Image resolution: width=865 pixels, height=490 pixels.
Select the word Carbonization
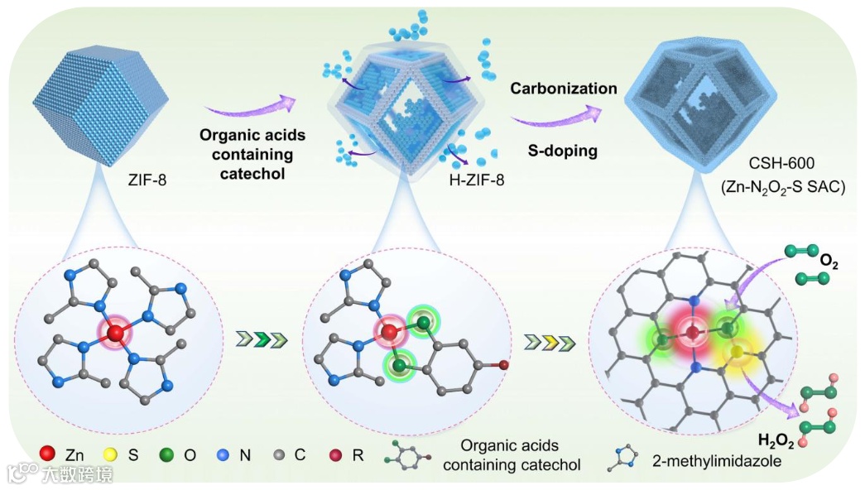tap(563, 89)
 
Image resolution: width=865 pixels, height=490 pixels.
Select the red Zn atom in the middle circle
tap(388, 333)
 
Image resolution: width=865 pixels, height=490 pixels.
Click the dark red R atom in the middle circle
tap(503, 363)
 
